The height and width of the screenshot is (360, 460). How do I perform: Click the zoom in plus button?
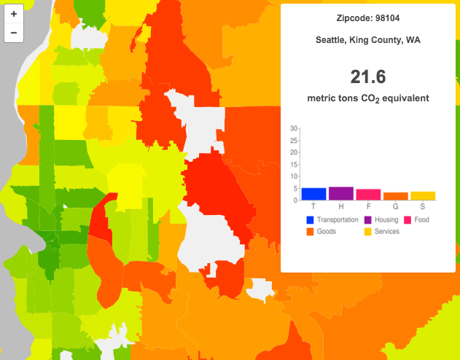[x=14, y=14]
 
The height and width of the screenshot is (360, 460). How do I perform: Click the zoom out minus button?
[x=14, y=33]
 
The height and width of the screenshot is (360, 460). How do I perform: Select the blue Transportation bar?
[x=314, y=194]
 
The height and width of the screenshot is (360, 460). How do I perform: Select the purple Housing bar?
[x=341, y=193]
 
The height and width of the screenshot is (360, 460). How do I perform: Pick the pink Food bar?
[x=368, y=195]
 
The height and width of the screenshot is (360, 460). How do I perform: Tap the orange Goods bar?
[x=396, y=196]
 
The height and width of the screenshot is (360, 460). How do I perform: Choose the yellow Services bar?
[x=423, y=195]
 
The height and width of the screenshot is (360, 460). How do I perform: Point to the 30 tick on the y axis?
[x=294, y=128]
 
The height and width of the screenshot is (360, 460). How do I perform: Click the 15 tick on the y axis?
[x=294, y=164]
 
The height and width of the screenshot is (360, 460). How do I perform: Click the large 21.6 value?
[x=367, y=77]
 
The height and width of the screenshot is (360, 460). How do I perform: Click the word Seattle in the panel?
[x=332, y=40]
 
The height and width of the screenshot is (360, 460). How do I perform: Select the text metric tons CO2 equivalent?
[x=367, y=98]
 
